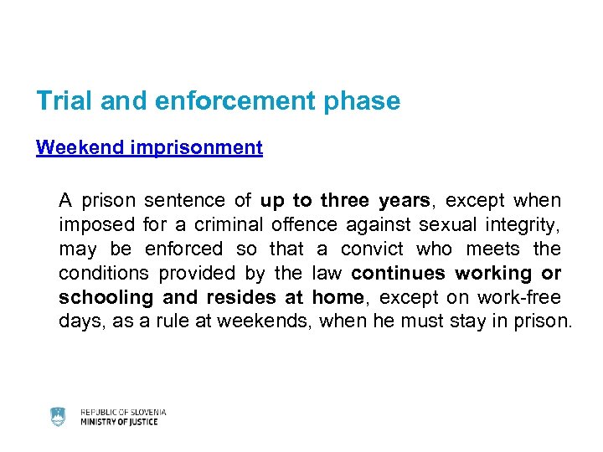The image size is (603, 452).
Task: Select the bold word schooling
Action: (106, 298)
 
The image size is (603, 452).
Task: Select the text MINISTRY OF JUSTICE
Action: (119, 423)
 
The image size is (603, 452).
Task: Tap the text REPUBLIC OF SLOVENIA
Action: (123, 412)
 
